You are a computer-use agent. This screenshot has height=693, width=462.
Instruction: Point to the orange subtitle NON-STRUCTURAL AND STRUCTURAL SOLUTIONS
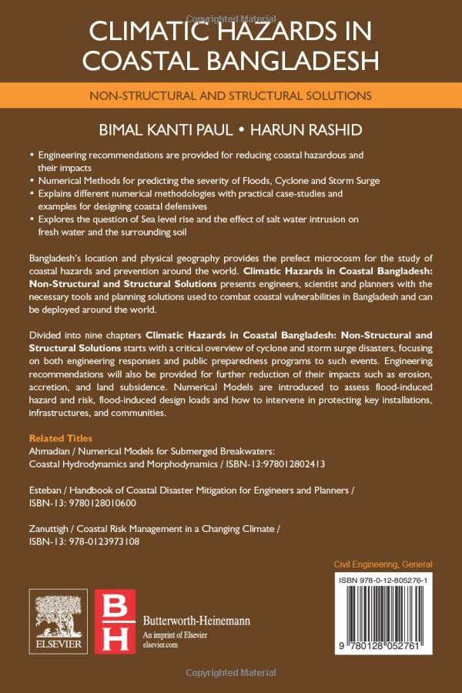click(x=230, y=95)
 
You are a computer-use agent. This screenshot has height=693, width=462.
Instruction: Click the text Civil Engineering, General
click(x=383, y=564)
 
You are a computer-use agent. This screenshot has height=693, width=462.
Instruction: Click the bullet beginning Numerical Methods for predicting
click(x=208, y=180)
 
